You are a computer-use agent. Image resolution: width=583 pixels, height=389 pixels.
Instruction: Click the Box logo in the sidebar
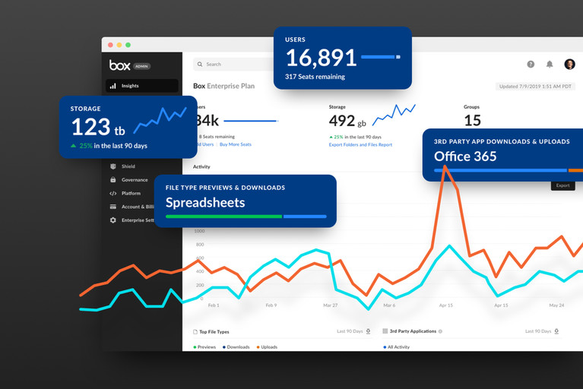coord(120,65)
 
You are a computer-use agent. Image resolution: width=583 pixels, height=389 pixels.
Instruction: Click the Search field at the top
coord(228,65)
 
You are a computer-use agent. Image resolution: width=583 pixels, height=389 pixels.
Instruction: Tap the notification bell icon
coord(550,65)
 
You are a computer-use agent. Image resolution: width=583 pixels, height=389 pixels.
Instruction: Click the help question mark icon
coord(531,65)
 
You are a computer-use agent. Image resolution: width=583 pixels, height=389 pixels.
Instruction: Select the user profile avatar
coord(569,65)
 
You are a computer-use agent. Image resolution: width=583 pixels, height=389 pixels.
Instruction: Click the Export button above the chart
coord(562,185)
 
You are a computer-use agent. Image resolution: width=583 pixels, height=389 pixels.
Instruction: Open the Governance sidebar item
coord(134,180)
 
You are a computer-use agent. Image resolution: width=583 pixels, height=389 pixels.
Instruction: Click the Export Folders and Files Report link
coord(360,144)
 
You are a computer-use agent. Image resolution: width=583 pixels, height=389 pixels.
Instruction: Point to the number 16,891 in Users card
coord(321,58)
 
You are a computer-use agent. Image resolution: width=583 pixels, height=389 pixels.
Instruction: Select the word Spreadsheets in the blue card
coord(205,202)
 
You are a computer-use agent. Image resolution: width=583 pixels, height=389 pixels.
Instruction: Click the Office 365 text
coord(465,157)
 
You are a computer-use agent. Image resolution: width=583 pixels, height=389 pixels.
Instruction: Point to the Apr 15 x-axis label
coord(445,305)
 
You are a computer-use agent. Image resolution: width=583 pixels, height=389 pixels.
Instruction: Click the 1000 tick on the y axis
coord(199,231)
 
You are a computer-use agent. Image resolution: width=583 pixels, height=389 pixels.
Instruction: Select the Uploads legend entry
coord(266,347)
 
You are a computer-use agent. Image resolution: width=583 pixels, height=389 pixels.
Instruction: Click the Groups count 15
coord(472,120)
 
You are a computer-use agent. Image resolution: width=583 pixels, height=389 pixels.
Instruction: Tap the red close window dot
coord(109,45)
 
